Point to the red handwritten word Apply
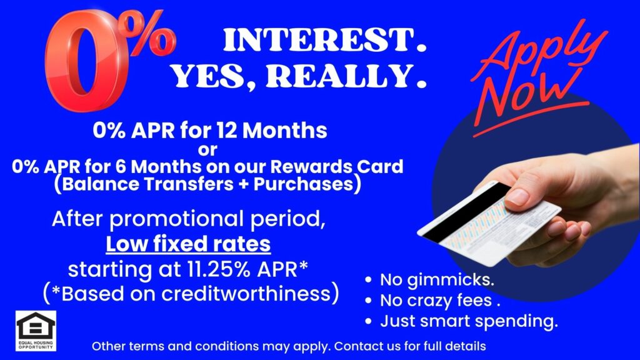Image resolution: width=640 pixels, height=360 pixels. pyautogui.click(x=539, y=53)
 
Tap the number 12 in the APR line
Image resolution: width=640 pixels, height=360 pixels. pyautogui.click(x=227, y=131)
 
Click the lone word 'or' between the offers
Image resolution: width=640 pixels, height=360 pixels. pyautogui.click(x=207, y=150)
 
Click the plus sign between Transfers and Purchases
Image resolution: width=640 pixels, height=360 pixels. pyautogui.click(x=244, y=184)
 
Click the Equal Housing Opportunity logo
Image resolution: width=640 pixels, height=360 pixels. pyautogui.click(x=36, y=331)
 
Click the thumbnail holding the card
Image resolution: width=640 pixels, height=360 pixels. pyautogui.click(x=518, y=197)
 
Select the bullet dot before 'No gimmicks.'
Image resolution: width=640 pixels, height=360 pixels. pyautogui.click(x=369, y=280)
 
